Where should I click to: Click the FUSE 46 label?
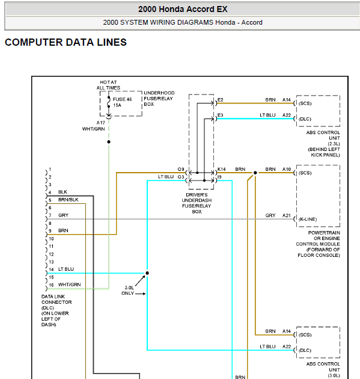[x=123, y=99]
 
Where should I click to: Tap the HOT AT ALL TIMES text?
[x=108, y=85]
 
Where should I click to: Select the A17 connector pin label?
[x=101, y=123]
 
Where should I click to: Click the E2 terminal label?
[x=220, y=100]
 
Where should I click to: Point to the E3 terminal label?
[x=220, y=115]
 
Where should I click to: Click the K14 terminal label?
[x=221, y=169]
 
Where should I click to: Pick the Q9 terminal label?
[x=181, y=169]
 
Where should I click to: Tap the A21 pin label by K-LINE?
[x=287, y=215]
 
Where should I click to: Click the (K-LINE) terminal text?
[x=308, y=219]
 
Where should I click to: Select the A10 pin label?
[x=287, y=169]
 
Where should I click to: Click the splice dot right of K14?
[x=255, y=173]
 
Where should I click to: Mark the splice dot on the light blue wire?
[x=147, y=273]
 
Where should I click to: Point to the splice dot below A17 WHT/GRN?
[x=109, y=142]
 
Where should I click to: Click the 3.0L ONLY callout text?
[x=128, y=291]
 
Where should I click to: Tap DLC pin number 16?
[x=51, y=285]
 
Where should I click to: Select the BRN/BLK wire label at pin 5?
[x=69, y=200]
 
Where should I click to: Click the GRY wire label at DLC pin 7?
[x=63, y=215]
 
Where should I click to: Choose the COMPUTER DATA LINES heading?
[x=66, y=42]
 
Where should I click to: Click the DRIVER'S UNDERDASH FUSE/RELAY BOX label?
[x=197, y=203]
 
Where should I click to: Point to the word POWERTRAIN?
[x=324, y=233]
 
